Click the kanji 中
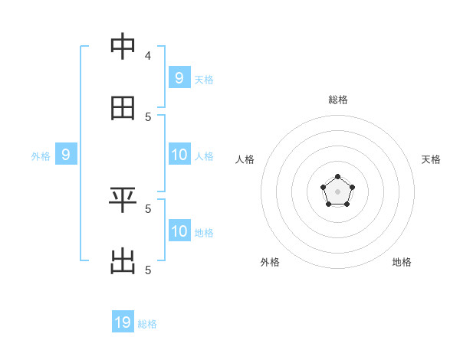point(123,47)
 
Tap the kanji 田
point(123,108)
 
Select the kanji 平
point(123,200)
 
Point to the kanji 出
point(123,261)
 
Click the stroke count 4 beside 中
point(148,55)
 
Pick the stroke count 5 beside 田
point(148,116)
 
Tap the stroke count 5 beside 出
point(148,270)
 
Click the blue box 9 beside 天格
point(179,78)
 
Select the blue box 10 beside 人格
point(179,155)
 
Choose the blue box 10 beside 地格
point(179,231)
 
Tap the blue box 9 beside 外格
point(66,155)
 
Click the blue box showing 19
point(123,322)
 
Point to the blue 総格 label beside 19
point(147,324)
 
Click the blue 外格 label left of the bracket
point(41,156)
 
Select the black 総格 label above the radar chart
point(338,100)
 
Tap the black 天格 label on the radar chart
point(432,159)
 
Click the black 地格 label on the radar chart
point(402,262)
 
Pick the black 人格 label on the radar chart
point(245,159)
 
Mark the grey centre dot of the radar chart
point(337,191)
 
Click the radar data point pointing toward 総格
point(337,177)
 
